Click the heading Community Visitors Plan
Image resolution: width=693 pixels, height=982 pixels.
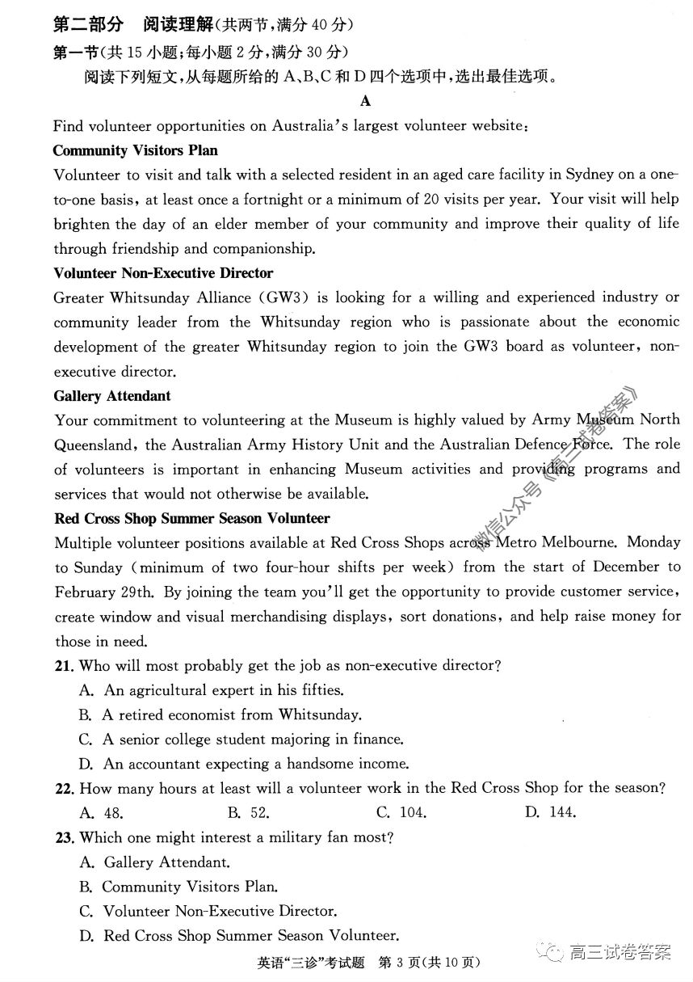tap(135, 150)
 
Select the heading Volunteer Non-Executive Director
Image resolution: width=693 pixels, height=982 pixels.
tap(163, 273)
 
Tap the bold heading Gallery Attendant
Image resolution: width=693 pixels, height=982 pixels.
tap(112, 396)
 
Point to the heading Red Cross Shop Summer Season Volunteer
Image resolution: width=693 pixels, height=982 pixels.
tap(191, 518)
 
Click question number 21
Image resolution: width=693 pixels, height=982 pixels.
tap(65, 666)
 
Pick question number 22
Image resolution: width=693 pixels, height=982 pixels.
tap(65, 789)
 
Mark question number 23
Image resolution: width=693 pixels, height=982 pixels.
tap(65, 838)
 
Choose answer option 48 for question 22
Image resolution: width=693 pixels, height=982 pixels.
tap(102, 813)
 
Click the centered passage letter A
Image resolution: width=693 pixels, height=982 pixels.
tap(366, 101)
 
